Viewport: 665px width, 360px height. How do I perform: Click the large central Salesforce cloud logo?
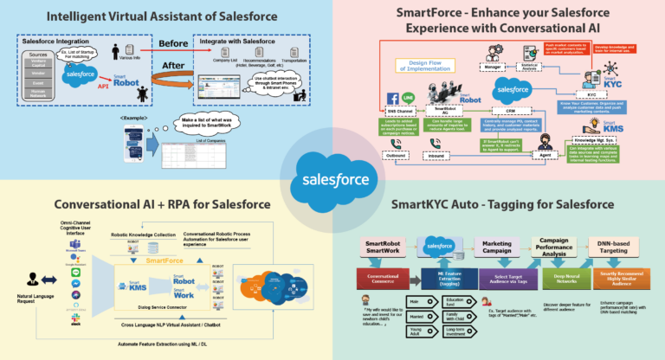coord(332,180)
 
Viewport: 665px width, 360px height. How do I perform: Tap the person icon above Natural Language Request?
coord(33,279)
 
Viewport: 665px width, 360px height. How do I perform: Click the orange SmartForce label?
coord(170,260)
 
